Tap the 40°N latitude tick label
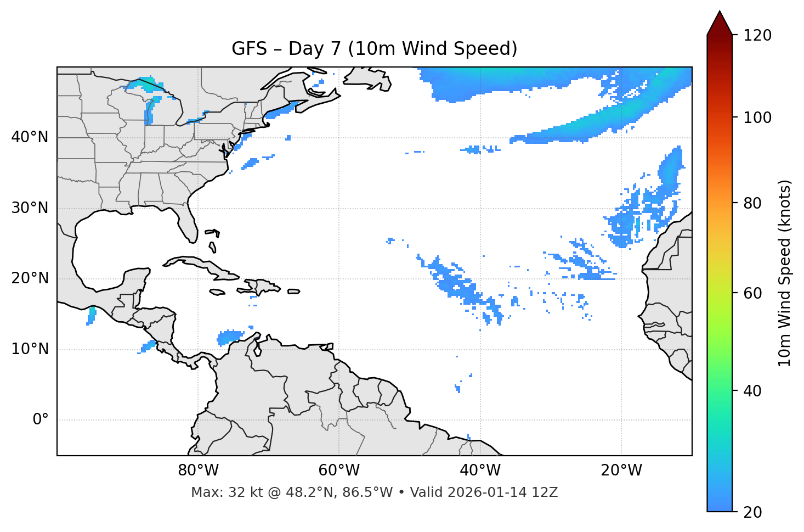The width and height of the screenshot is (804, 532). (x=30, y=137)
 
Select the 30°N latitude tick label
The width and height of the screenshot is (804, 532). (x=30, y=208)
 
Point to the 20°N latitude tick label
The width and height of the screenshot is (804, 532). (x=30, y=278)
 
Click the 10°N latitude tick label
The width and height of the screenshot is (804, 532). (x=30, y=349)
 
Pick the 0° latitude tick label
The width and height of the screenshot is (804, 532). (x=40, y=420)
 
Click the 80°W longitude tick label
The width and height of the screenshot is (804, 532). (x=198, y=471)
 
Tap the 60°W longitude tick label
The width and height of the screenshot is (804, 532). (x=339, y=471)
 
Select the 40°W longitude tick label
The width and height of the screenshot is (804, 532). (x=480, y=471)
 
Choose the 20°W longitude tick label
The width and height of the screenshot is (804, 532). (x=621, y=471)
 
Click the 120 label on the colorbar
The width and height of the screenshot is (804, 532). (x=757, y=36)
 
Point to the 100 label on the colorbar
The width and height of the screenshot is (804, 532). (x=757, y=117)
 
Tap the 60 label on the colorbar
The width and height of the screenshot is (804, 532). (x=753, y=293)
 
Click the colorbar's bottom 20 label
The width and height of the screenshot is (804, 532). (x=753, y=512)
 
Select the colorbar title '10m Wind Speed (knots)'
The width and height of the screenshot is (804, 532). (x=785, y=273)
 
